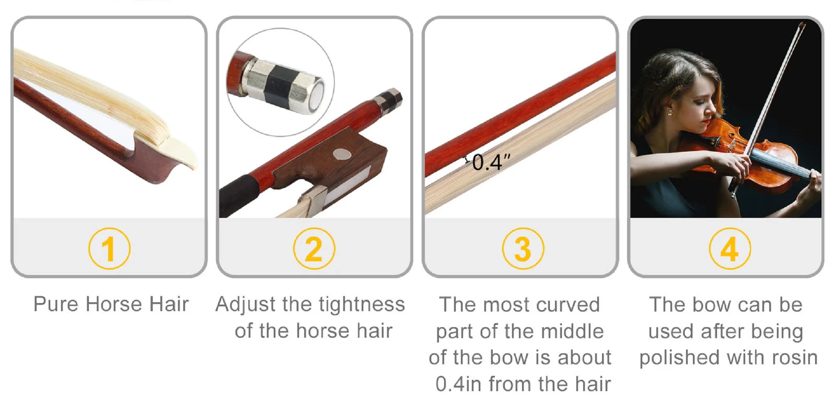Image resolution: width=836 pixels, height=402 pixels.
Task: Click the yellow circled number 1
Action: click(x=109, y=248)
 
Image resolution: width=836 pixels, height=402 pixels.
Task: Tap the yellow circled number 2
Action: click(x=314, y=248)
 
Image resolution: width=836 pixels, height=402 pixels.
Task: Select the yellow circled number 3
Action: click(x=523, y=248)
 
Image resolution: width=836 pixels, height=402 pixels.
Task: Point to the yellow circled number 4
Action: click(x=729, y=248)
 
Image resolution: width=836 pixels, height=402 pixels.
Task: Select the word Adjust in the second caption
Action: click(x=246, y=304)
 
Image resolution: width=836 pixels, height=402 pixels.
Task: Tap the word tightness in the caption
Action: click(x=362, y=304)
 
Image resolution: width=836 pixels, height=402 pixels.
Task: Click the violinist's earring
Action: click(x=670, y=111)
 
